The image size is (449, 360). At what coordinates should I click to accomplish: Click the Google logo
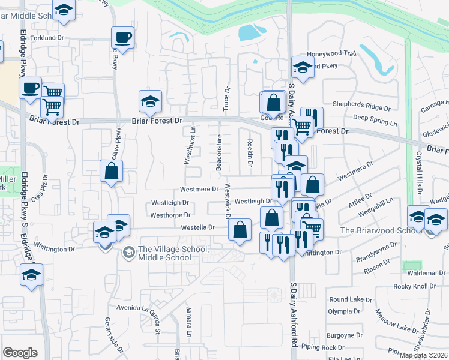click(20, 353)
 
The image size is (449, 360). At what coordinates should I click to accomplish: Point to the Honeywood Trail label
click(331, 54)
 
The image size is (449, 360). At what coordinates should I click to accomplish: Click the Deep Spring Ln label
click(375, 123)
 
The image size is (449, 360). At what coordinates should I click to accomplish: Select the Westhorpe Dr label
click(170, 215)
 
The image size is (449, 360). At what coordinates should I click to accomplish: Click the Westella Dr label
click(198, 227)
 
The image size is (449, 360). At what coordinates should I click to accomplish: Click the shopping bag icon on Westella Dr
click(240, 230)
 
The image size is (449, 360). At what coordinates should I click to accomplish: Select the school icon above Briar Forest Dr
click(150, 101)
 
